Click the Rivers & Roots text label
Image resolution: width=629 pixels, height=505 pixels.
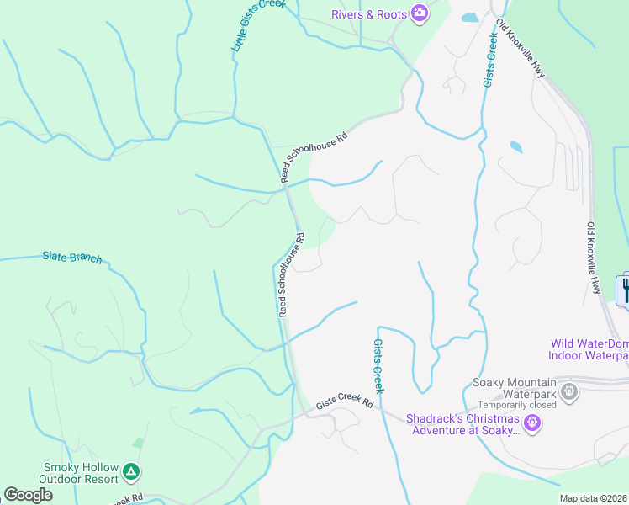click(x=368, y=13)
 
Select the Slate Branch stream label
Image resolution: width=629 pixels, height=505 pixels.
click(x=72, y=257)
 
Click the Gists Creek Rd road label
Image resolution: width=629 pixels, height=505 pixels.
click(x=344, y=405)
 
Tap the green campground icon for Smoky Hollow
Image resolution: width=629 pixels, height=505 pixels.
click(x=130, y=471)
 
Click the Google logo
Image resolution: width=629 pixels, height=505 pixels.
click(x=28, y=495)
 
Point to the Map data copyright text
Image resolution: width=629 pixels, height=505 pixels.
click(x=594, y=498)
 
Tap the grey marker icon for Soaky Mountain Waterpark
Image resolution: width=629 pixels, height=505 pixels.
click(x=569, y=391)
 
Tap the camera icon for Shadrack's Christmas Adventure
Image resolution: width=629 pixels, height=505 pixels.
click(x=531, y=423)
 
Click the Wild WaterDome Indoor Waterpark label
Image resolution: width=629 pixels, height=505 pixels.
click(x=589, y=349)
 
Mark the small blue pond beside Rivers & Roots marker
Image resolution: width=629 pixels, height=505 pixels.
click(x=469, y=17)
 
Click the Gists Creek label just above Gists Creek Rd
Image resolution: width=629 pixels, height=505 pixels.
click(x=378, y=366)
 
